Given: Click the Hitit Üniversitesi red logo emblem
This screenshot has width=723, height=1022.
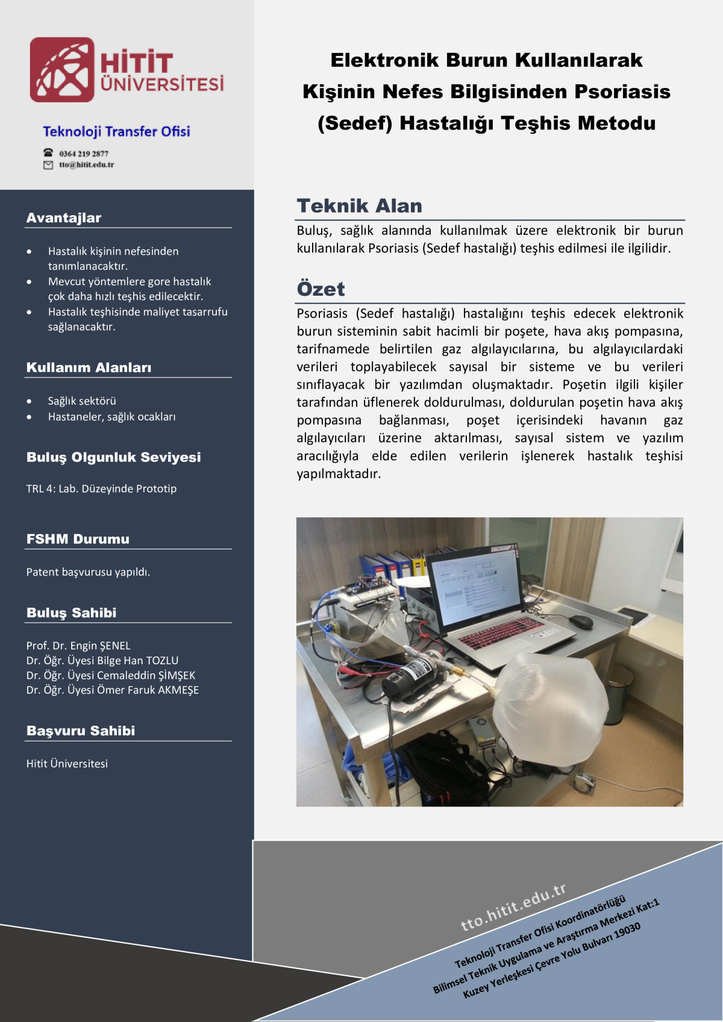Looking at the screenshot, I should point(62,70).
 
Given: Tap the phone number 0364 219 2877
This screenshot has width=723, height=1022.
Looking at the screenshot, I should point(84,154).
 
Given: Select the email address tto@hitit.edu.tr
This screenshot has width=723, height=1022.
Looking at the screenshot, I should point(86,164).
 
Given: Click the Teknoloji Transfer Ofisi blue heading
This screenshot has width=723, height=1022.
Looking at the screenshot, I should point(116,131).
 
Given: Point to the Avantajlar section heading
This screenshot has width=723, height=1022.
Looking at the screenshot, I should point(64,218).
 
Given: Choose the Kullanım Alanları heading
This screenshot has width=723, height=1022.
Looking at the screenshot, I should point(89,367).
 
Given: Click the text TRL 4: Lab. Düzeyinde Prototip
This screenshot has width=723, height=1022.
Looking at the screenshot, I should point(101,488).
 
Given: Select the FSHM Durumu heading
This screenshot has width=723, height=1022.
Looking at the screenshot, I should point(78,539).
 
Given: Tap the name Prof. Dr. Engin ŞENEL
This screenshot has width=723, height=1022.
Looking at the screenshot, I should point(78,646).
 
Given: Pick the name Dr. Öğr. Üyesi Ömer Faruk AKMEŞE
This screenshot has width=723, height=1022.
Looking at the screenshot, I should point(113,690).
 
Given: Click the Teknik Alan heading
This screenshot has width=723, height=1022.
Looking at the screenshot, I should point(359,206).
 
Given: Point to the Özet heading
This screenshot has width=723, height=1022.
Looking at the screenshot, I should point(321,289).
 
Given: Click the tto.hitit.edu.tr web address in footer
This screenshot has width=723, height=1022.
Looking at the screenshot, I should point(513,907).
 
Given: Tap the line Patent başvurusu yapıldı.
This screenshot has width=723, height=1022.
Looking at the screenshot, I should point(88,572).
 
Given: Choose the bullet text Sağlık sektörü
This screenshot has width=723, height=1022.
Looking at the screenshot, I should point(82,401).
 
